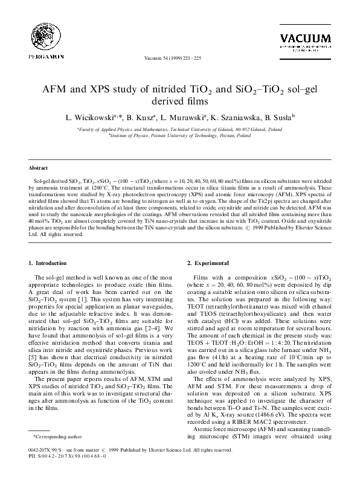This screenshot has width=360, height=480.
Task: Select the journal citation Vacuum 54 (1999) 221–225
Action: (x=179, y=59)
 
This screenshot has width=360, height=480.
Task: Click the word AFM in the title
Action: (x=55, y=90)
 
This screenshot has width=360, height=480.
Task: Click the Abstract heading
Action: (x=39, y=167)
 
